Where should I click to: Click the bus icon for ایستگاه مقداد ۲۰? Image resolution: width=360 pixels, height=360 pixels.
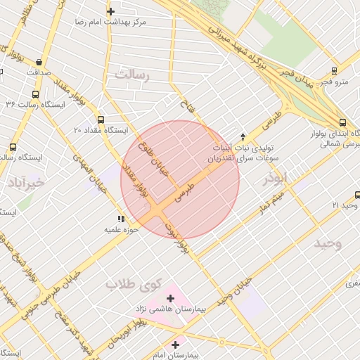(x=101, y=120)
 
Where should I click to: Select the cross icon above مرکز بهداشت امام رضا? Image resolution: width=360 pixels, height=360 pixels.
(x=110, y=11)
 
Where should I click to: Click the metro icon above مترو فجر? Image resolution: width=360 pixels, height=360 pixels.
(x=333, y=70)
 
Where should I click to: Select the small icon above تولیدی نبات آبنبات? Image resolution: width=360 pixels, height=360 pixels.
(x=243, y=136)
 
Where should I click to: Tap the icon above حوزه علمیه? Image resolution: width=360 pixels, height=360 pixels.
(x=121, y=219)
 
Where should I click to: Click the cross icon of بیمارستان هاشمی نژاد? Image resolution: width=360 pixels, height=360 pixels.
(x=170, y=298)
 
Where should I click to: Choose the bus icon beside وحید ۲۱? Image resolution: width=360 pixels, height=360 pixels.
(x=352, y=205)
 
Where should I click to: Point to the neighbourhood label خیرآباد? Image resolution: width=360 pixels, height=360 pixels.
(x=26, y=184)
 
